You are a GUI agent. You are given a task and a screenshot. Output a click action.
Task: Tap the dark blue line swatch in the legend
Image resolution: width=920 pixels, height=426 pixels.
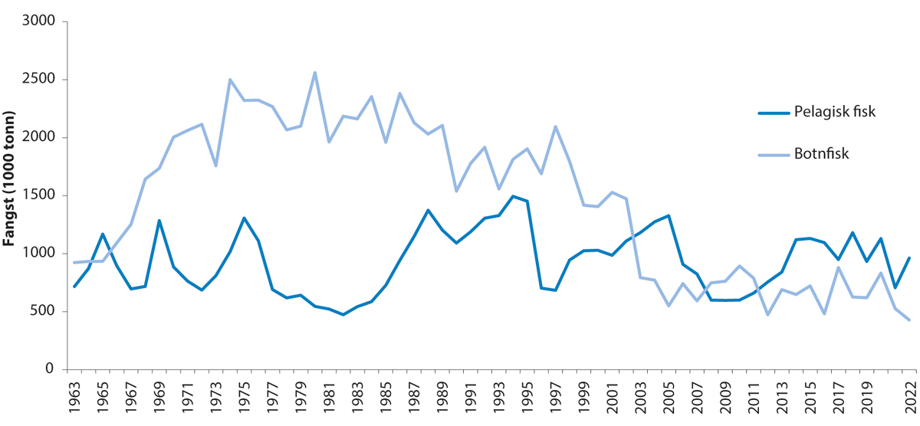click(774, 113)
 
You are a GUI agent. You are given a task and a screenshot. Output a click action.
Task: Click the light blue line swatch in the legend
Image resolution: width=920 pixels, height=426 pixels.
click(774, 155)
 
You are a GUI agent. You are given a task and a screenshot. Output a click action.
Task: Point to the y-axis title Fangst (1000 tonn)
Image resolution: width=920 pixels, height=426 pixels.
click(11, 195)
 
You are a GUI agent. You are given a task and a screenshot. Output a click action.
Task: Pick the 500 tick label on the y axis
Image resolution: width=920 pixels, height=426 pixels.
click(41, 311)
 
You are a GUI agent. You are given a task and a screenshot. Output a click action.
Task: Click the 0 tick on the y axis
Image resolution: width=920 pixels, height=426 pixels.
click(48, 369)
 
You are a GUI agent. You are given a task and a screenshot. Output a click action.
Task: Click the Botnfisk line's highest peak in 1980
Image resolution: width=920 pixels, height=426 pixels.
click(314, 73)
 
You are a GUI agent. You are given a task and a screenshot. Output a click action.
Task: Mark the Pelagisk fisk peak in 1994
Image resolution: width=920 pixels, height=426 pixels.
click(511, 196)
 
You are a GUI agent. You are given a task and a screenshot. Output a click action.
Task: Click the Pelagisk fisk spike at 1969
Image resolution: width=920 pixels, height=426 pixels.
click(159, 221)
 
